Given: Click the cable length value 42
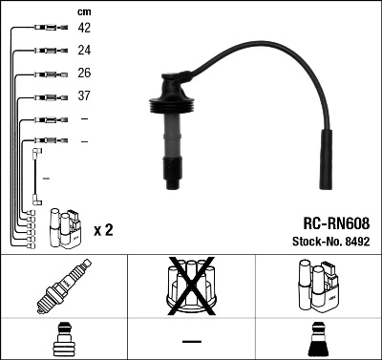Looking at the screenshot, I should coord(84,29).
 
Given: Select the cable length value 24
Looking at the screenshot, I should coord(84,52).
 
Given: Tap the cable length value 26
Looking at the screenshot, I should coord(84,74).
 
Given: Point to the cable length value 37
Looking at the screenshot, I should coord(84,96).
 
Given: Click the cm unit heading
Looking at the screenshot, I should coord(84,11).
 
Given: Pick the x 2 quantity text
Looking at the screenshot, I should coord(104,231).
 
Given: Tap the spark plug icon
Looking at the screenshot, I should coord(63,287).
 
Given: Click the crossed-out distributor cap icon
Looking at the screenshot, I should coord(192,286).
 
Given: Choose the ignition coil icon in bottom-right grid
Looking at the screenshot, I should coord(317,286).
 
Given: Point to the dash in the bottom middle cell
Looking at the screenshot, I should coord(192,340).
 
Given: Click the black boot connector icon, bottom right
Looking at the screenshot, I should coord(318,340).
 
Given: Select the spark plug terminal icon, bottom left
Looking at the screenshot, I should coord(63,340).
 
